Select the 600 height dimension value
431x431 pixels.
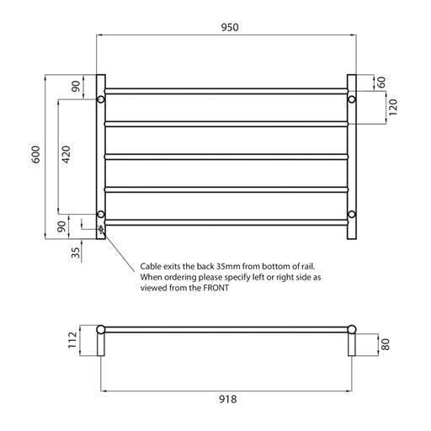[35, 155]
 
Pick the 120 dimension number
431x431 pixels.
[392, 107]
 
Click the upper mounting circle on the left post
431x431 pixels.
[101, 99]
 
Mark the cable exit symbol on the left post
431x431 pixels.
[101, 227]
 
